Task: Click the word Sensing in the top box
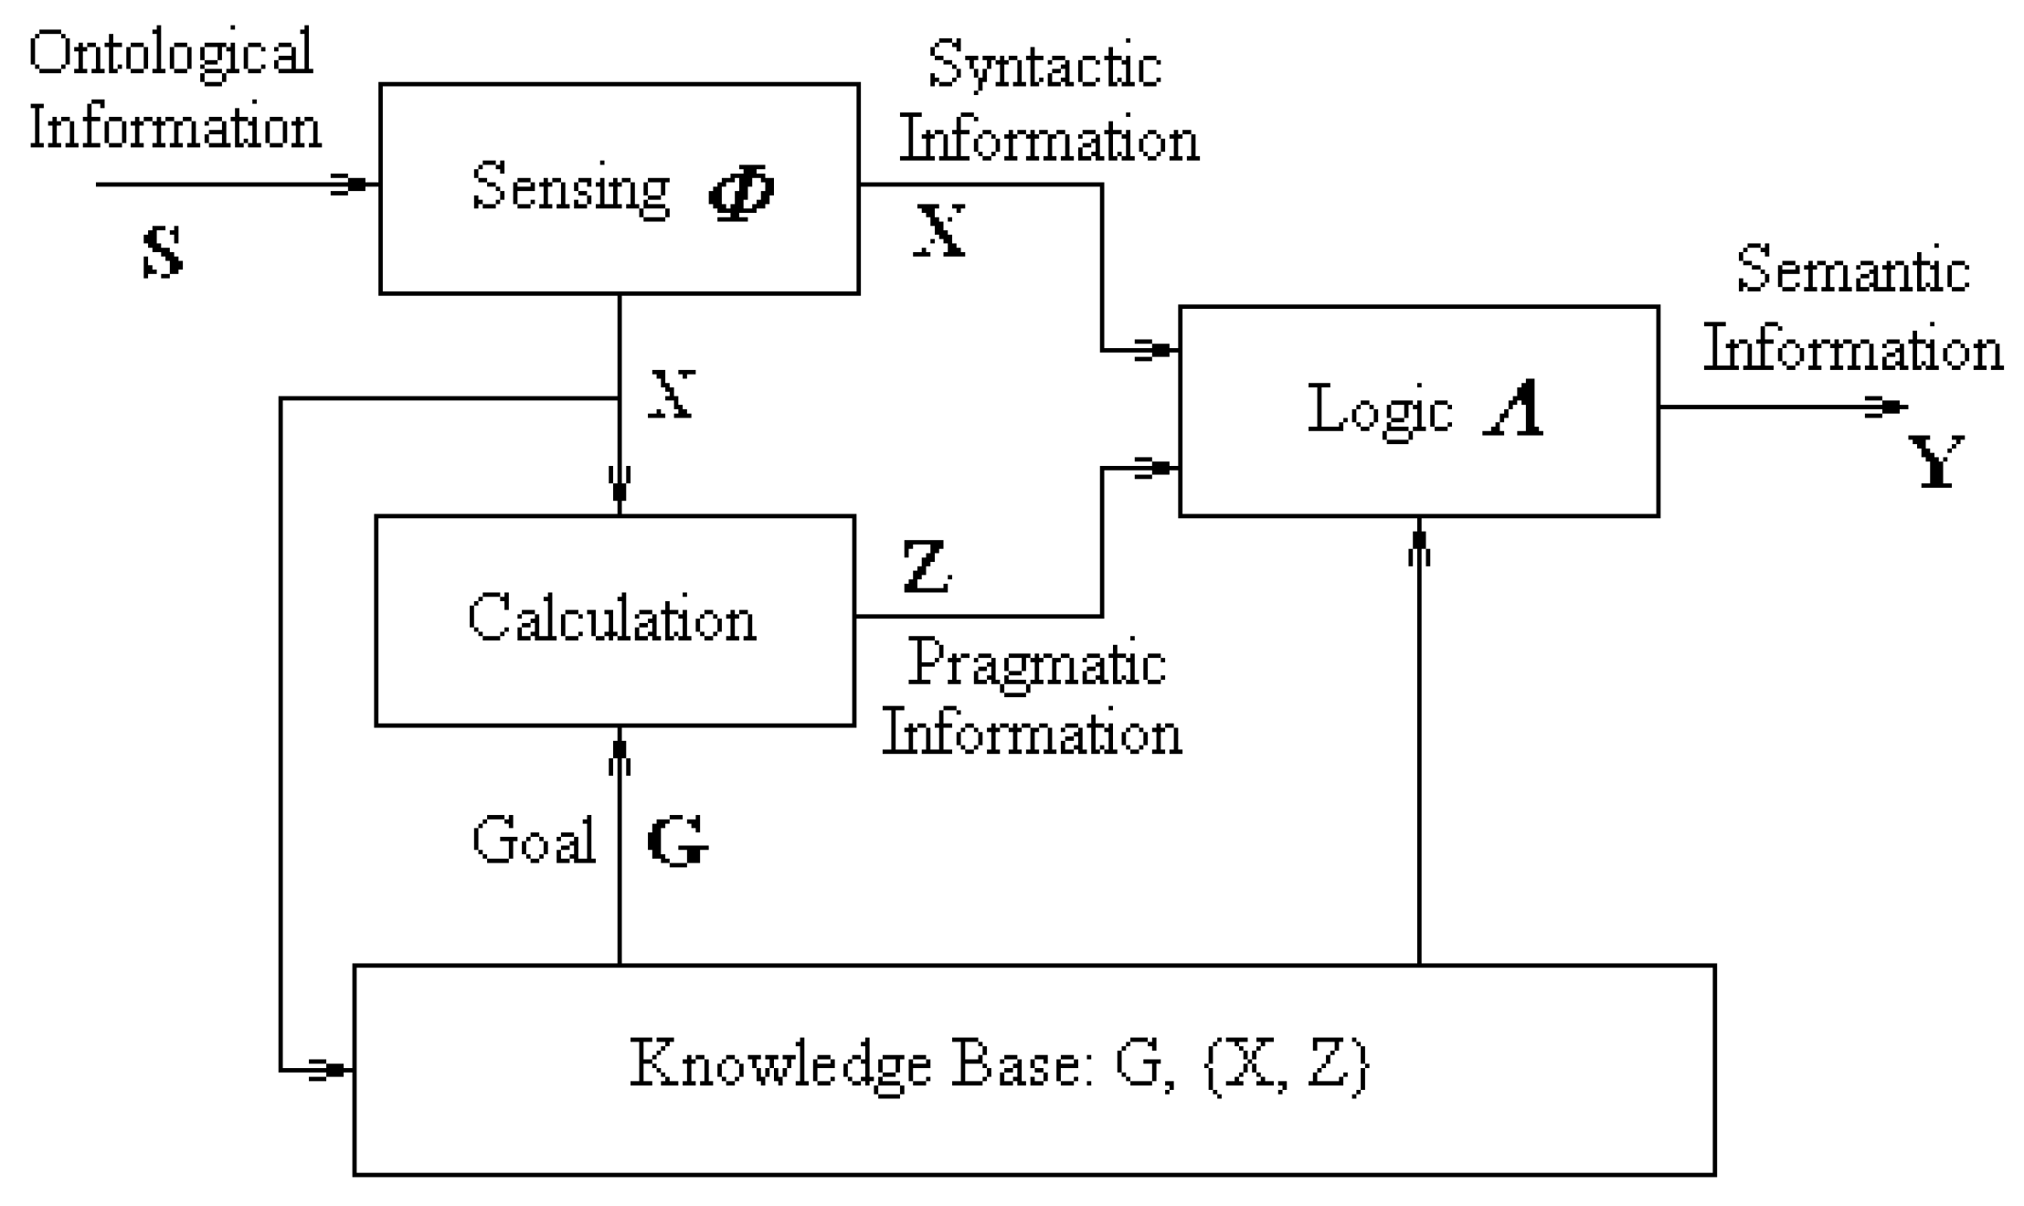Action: click(570, 188)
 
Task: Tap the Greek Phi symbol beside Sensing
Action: click(740, 192)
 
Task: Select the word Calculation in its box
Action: click(612, 619)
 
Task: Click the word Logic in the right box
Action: click(1380, 410)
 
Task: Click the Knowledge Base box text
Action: click(1000, 1065)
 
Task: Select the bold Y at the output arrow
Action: click(1935, 462)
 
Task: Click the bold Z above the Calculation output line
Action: click(926, 566)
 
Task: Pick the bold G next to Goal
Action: click(677, 841)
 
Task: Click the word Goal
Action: click(534, 840)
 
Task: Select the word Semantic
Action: click(1852, 270)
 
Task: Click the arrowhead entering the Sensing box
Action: click(352, 185)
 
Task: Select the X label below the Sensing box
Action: click(673, 395)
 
